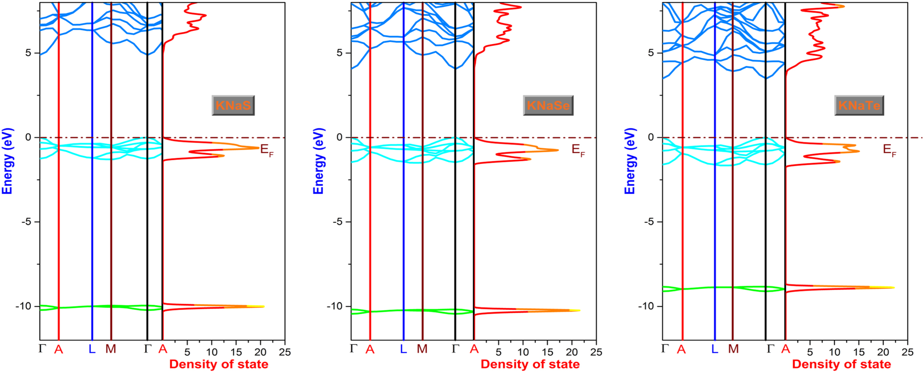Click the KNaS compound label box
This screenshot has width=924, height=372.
(x=233, y=105)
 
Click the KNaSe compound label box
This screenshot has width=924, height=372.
(x=548, y=105)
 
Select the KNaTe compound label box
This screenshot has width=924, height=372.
(x=859, y=105)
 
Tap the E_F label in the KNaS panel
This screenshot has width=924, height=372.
(x=266, y=150)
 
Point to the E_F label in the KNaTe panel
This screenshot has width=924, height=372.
(x=890, y=150)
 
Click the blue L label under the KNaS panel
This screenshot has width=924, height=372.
(x=92, y=349)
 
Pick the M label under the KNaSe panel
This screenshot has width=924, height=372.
(x=422, y=349)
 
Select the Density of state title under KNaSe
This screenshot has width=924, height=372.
(x=530, y=364)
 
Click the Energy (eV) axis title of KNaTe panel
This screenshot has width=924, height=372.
(x=629, y=161)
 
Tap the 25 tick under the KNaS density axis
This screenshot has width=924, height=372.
(x=285, y=352)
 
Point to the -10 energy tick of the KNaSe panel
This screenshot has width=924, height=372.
(x=335, y=306)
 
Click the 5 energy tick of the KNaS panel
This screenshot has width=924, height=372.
(x=29, y=53)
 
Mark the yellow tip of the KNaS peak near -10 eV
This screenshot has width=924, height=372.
(x=262, y=306)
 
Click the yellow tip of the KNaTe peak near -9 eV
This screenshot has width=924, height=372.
(x=893, y=288)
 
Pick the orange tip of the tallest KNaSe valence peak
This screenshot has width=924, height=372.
(x=557, y=150)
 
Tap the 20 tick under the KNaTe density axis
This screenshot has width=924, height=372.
(x=883, y=352)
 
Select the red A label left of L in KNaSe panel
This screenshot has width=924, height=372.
(x=370, y=349)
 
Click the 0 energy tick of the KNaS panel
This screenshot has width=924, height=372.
(x=29, y=137)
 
